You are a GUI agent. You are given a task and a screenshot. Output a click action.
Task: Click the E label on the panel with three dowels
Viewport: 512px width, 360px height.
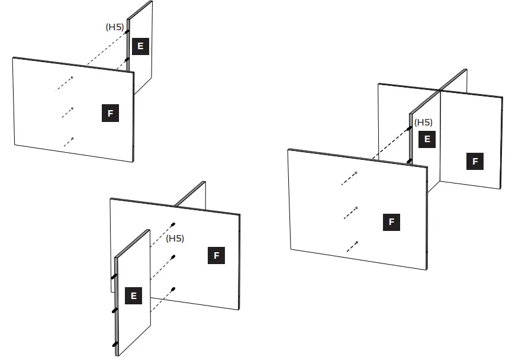click(x=133, y=296)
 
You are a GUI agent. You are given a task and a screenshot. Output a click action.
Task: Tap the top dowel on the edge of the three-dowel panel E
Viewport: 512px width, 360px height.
click(x=113, y=277)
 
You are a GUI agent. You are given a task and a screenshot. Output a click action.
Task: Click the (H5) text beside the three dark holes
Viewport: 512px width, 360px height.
click(x=175, y=239)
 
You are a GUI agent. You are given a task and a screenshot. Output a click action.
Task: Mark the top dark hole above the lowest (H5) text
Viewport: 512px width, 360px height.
click(x=173, y=224)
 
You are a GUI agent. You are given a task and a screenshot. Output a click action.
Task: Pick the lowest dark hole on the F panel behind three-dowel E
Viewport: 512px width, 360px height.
click(x=173, y=289)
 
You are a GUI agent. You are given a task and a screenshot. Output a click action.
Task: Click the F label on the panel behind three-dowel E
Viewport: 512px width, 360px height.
click(x=217, y=256)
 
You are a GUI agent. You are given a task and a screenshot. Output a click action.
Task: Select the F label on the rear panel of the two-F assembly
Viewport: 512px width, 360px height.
click(x=475, y=161)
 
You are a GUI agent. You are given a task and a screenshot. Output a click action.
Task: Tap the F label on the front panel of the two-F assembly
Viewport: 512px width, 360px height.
click(x=391, y=223)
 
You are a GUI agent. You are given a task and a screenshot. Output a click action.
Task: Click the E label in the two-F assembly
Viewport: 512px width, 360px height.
click(x=427, y=140)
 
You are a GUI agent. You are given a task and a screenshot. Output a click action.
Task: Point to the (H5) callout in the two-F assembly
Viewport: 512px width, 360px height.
click(x=423, y=123)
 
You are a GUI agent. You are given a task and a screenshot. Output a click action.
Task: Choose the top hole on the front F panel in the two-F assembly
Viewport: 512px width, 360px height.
click(x=356, y=173)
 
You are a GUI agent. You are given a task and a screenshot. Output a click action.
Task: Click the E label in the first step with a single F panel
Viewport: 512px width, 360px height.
click(x=140, y=46)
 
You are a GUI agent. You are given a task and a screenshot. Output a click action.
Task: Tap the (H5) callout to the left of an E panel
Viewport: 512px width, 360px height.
click(x=114, y=27)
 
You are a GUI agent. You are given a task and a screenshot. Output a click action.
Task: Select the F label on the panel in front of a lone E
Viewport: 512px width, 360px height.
click(x=110, y=114)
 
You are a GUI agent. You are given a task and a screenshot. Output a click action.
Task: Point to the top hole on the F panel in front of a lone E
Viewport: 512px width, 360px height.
click(x=72, y=78)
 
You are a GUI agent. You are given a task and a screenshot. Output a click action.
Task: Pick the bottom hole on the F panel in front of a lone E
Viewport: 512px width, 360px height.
click(x=72, y=139)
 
